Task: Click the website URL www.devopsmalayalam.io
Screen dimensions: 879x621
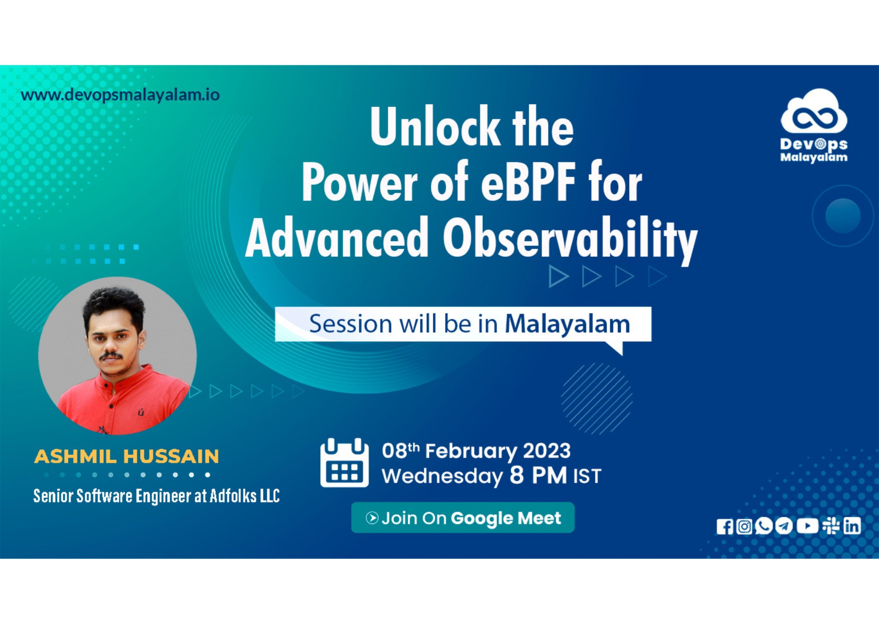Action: click(x=120, y=94)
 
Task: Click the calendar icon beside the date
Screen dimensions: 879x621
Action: click(x=344, y=462)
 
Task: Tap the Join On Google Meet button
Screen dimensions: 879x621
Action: click(x=463, y=518)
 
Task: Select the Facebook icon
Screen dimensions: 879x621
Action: click(x=725, y=527)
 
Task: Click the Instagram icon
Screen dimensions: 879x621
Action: click(x=744, y=527)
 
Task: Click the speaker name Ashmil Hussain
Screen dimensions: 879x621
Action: click(x=126, y=456)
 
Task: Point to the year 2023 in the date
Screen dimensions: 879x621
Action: click(x=547, y=451)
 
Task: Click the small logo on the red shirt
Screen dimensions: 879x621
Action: click(x=141, y=413)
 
